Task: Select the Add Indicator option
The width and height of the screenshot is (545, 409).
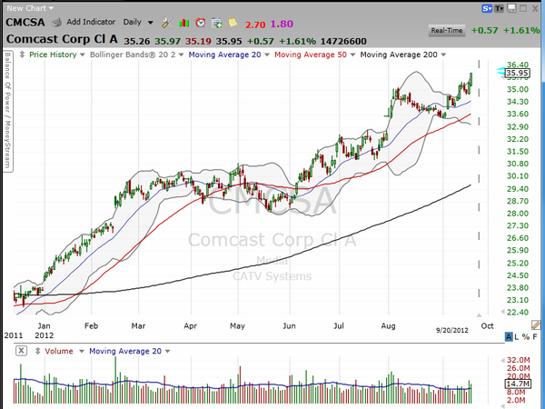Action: point(92,20)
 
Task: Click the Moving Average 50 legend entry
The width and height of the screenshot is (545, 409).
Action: point(312,55)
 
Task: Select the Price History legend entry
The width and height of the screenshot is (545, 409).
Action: point(52,55)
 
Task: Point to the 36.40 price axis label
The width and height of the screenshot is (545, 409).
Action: point(519,65)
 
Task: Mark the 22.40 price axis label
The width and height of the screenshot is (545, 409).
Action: point(519,312)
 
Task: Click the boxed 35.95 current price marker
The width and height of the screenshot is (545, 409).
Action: point(519,73)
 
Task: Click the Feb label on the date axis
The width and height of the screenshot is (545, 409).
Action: point(91,324)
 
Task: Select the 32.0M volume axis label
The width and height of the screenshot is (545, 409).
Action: point(518,359)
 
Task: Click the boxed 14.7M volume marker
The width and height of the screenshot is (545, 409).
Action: point(518,384)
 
